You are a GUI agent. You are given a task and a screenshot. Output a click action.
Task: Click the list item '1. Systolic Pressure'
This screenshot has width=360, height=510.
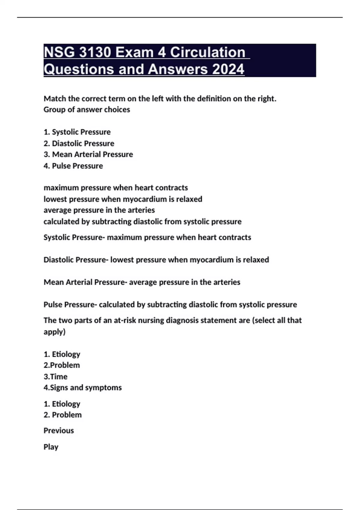[x=77, y=132]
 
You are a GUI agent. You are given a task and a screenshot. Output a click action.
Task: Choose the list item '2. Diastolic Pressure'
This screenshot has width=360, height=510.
[x=79, y=143]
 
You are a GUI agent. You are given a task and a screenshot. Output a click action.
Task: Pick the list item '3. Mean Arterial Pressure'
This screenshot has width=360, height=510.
[x=88, y=154]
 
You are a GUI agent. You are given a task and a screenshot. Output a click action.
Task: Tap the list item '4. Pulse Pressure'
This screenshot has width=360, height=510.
[x=73, y=166]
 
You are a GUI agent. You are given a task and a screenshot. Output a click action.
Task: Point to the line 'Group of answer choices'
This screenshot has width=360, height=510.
[x=87, y=109]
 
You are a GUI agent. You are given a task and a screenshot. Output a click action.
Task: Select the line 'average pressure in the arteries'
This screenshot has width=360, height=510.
[x=99, y=210]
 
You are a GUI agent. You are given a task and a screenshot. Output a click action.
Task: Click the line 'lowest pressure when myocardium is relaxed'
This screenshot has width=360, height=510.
[x=123, y=199]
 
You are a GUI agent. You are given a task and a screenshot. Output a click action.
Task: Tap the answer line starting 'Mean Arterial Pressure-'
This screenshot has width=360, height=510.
[x=142, y=282]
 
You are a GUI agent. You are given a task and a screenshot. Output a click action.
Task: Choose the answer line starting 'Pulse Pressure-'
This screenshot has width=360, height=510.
[x=170, y=305]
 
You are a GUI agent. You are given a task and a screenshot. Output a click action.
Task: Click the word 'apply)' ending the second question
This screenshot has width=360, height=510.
[x=54, y=332]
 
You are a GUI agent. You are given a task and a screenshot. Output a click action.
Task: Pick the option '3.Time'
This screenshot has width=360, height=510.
[x=55, y=376]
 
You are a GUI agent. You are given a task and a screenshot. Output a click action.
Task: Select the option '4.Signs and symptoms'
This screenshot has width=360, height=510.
[x=82, y=388]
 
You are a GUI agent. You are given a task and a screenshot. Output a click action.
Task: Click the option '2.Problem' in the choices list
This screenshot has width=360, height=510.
[x=61, y=365]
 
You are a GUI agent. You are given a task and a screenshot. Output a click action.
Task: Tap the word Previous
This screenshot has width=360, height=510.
[x=58, y=431]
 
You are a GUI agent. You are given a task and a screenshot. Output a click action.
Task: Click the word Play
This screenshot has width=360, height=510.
[x=51, y=447]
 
